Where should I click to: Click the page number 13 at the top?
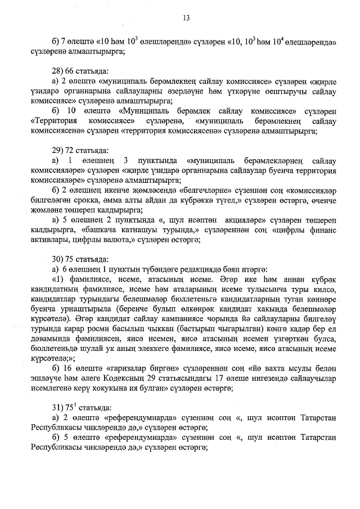[x=186, y=18]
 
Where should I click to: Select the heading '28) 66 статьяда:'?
[x=78, y=71]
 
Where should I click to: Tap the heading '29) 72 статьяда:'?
[x=78, y=151]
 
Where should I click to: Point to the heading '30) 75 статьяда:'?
[x=78, y=260]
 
